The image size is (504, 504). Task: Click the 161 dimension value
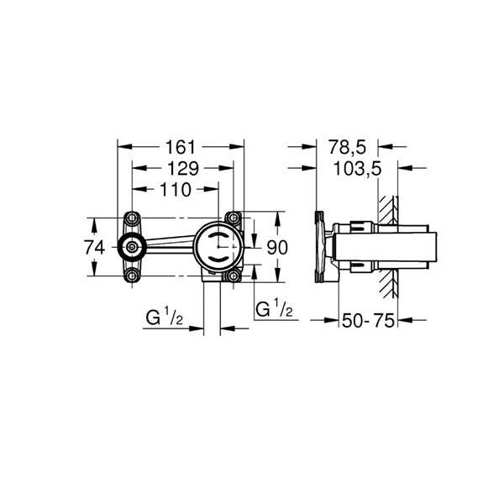coord(181,148)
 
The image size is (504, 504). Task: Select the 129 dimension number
coord(183,169)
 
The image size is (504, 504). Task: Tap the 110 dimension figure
coord(176,190)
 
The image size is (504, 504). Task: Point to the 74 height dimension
coord(94,248)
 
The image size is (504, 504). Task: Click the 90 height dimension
coord(277,248)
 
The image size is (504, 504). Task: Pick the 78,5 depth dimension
coord(347,148)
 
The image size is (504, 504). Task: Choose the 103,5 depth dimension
coord(358,169)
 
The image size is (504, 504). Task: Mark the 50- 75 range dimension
coord(368,321)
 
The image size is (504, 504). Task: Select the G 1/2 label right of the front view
coord(274,308)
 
